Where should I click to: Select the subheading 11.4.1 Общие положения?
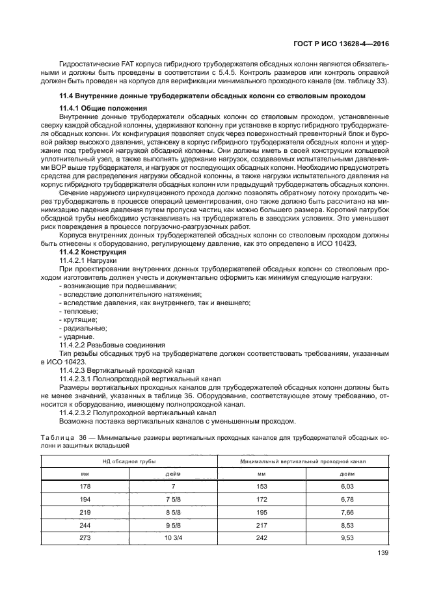103,107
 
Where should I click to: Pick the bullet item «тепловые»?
75,311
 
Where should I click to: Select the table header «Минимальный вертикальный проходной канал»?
302,461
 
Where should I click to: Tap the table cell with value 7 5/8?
172,499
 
